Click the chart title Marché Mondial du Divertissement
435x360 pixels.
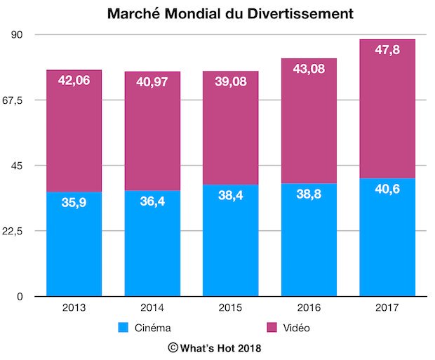point(230,13)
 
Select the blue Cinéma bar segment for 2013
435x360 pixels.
point(74,244)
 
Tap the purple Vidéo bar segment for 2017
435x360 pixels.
point(387,109)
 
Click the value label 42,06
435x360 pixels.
point(74,81)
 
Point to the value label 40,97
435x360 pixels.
point(152,82)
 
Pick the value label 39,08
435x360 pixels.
point(231,81)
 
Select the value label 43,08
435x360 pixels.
point(309,69)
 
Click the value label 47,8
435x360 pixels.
point(387,50)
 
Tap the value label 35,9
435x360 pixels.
point(74,202)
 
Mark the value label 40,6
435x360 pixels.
point(387,189)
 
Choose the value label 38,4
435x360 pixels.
point(231,195)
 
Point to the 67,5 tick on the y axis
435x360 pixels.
point(13,100)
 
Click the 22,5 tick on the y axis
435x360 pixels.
point(13,231)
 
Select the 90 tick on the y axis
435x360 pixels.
point(17,34)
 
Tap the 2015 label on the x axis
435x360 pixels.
point(230,307)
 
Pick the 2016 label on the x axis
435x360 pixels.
point(309,307)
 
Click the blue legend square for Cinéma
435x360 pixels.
point(123,327)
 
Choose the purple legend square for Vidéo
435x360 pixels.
point(272,327)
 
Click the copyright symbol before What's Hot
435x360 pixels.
point(173,347)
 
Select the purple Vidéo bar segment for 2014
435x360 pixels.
point(152,131)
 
